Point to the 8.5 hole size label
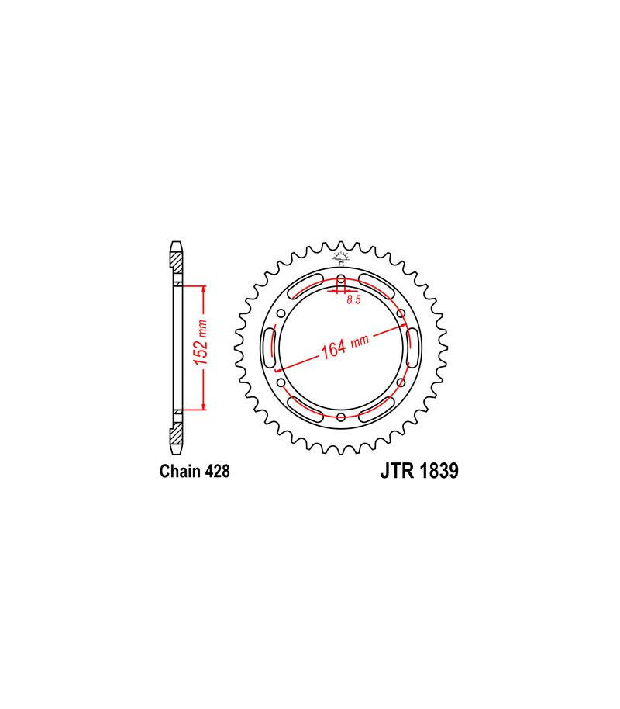coord(353,300)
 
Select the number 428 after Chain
coord(217,471)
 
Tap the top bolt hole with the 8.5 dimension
coord(341,280)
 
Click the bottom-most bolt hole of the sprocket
coord(341,417)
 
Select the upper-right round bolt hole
coord(401,313)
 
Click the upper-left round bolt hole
coord(281,313)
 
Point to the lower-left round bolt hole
coord(281,382)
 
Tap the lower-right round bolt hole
coord(401,382)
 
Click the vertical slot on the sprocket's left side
coord(269,348)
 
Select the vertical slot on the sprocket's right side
coord(413,348)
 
